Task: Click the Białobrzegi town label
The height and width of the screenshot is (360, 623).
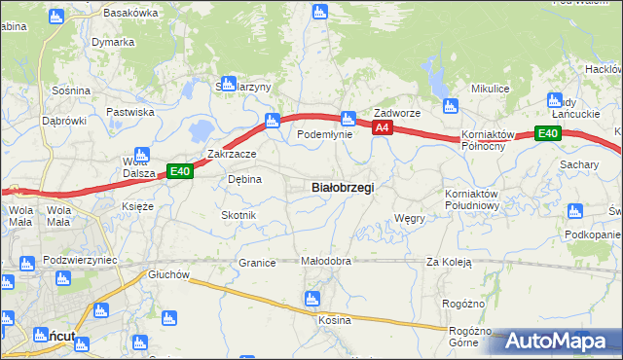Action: tap(342, 187)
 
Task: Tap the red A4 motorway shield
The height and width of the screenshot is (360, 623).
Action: tap(382, 127)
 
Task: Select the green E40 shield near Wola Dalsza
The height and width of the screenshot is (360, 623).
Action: tap(179, 171)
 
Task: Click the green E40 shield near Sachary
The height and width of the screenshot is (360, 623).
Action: tap(547, 133)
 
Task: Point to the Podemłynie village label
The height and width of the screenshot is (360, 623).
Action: tap(324, 135)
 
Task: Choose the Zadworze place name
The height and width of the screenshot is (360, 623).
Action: tap(397, 113)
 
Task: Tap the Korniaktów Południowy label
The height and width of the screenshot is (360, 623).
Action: tap(471, 199)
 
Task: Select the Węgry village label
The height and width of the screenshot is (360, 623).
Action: tap(410, 219)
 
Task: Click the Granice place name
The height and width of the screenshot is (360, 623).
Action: tap(258, 263)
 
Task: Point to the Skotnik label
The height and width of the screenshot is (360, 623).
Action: tap(238, 215)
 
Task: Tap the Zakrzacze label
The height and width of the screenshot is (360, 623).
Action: tap(232, 154)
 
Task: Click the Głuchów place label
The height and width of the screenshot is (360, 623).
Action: tap(167, 274)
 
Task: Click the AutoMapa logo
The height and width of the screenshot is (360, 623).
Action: tap(559, 341)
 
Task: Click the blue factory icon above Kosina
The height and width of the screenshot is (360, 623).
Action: tap(312, 299)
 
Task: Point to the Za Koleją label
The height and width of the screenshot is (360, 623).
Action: tap(449, 262)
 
